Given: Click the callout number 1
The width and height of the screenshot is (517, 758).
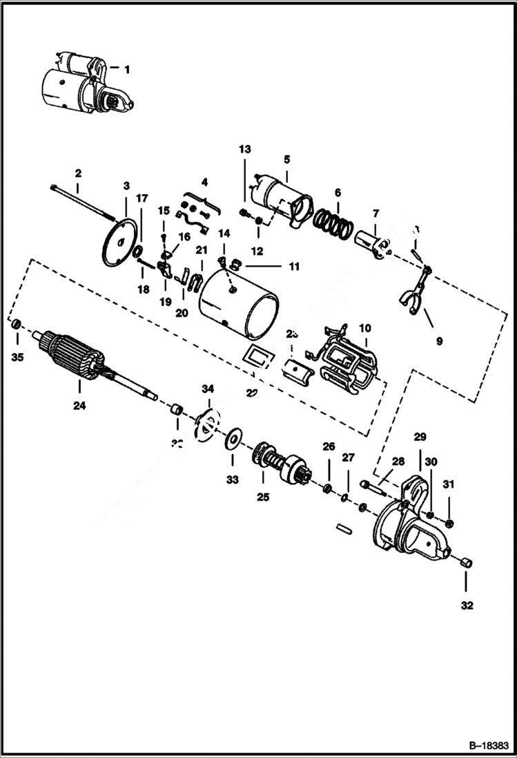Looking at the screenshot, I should pyautogui.click(x=126, y=69).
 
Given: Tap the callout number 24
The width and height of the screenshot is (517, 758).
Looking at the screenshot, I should pyautogui.click(x=79, y=406).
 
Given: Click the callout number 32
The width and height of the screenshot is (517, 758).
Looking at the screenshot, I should pyautogui.click(x=467, y=606).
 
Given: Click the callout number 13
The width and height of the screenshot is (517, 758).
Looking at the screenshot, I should pyautogui.click(x=246, y=149).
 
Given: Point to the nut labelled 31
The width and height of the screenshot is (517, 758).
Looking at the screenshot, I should pyautogui.click(x=450, y=522).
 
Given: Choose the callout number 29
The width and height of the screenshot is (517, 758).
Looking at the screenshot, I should pyautogui.click(x=420, y=437).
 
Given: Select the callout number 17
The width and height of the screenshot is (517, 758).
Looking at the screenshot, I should pyautogui.click(x=142, y=198).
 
